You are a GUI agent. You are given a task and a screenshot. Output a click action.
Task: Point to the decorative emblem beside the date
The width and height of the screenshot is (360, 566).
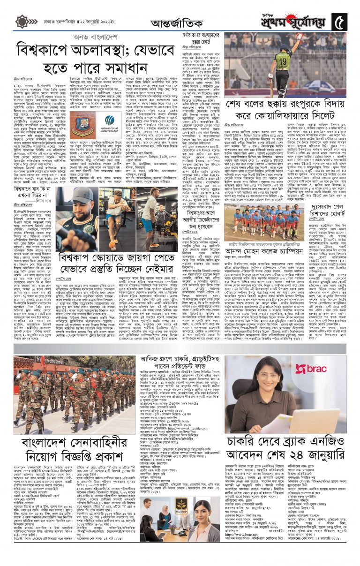tap(22, 22)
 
